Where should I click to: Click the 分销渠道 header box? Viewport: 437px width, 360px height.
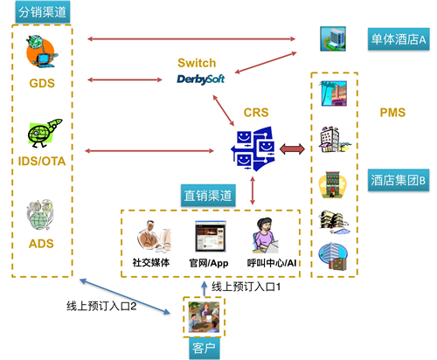[43, 12]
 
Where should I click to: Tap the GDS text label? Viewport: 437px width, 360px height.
[42, 83]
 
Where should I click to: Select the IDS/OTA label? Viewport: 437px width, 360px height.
[42, 161]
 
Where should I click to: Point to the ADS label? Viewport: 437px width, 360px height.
[41, 244]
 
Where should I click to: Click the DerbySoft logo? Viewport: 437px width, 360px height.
[201, 80]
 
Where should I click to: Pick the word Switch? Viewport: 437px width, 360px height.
[197, 63]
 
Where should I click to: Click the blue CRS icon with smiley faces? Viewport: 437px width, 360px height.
[253, 149]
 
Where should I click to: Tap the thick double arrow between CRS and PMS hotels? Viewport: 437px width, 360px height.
[292, 149]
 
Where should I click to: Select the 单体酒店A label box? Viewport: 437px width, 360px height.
[399, 39]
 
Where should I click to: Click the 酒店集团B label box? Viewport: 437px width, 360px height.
[399, 180]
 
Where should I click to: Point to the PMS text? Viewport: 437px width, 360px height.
[392, 113]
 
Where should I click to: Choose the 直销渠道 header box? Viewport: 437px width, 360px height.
[208, 196]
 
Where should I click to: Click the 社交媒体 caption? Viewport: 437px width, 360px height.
[151, 262]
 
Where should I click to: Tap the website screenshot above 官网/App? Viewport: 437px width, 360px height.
[211, 236]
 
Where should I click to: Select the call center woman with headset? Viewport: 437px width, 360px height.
[265, 235]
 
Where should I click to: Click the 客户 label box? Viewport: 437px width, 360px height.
[204, 348]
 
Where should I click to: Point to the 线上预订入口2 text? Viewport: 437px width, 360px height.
[101, 306]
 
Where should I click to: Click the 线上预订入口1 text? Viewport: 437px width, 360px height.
[246, 287]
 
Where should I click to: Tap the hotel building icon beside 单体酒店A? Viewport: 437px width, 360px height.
[333, 38]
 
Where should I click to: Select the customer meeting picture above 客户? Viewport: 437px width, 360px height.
[204, 317]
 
